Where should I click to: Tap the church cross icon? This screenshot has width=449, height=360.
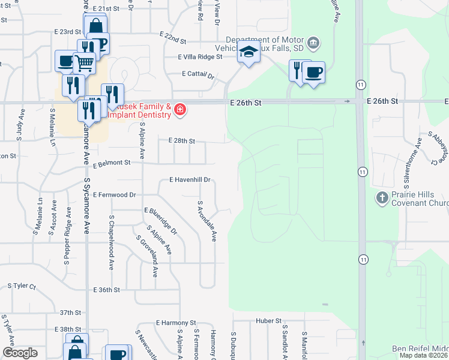[382, 197]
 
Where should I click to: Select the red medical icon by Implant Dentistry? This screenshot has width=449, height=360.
[180, 109]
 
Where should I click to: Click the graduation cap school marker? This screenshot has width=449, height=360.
[247, 53]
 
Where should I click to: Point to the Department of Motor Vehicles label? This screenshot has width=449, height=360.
[269, 45]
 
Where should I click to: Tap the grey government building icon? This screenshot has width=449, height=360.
[313, 43]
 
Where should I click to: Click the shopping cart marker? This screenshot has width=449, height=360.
[85, 61]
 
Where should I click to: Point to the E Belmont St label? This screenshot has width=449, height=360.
[111, 163]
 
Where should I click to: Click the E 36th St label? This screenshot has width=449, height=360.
[108, 290]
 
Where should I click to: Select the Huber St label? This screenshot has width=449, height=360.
[268, 320]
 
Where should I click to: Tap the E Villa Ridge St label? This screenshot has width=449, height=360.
[200, 56]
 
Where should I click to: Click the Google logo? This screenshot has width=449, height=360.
[20, 353]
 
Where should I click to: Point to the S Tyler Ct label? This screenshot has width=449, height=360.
[22, 286]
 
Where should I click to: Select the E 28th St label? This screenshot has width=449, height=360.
[182, 141]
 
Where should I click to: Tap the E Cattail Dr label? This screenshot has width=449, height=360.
[198, 75]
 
